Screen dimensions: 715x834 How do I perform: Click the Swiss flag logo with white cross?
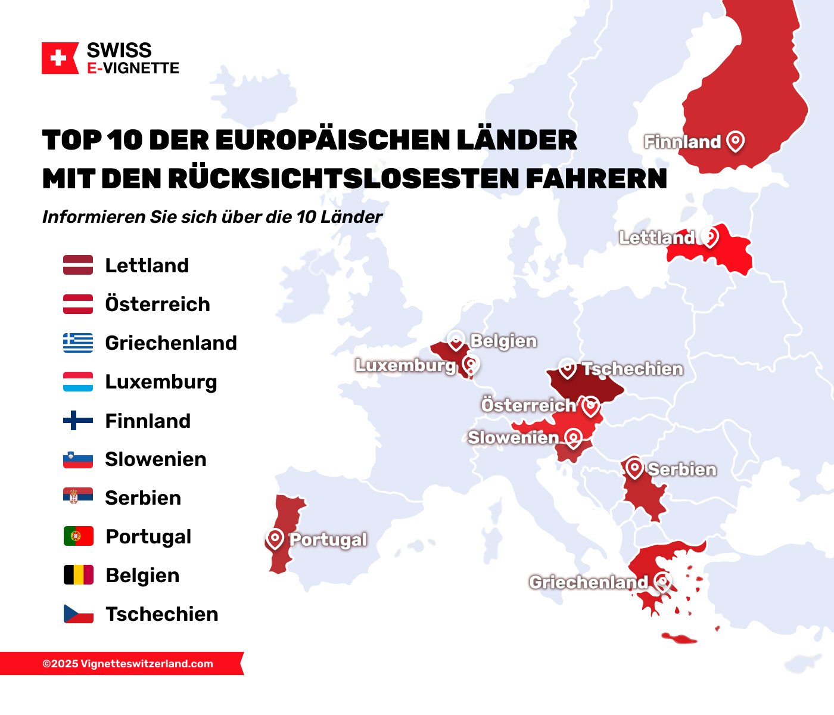(59, 58)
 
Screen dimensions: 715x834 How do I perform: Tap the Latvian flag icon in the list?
(78, 265)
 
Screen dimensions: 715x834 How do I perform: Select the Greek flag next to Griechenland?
(78, 343)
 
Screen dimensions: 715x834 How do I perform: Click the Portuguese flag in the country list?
(79, 536)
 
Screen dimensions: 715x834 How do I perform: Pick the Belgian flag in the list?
(79, 575)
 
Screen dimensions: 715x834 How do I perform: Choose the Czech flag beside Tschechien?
(79, 614)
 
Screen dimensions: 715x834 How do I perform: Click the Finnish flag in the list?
(78, 421)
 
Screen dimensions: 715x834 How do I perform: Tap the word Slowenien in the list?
(155, 459)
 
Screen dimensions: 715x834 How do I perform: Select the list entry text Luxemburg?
(161, 382)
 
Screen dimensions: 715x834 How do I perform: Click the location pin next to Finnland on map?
(736, 141)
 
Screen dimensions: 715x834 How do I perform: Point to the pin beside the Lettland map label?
(709, 236)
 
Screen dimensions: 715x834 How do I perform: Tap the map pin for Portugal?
(275, 539)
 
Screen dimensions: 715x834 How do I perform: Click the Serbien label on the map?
(681, 470)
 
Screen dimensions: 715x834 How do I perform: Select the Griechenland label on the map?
(588, 582)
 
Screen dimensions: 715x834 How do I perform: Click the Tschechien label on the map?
(632, 369)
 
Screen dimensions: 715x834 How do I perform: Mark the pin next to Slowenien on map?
(573, 438)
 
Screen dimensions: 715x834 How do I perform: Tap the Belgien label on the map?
(503, 341)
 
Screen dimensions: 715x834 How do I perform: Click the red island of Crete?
(679, 639)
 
